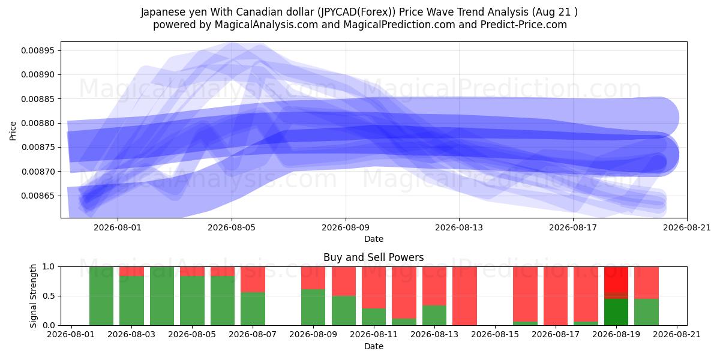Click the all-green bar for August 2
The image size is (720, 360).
click(101, 296)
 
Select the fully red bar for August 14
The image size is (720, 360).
click(464, 296)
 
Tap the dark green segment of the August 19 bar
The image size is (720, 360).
click(616, 312)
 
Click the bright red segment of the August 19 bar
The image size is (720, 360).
click(616, 280)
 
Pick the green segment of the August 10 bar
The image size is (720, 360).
click(344, 311)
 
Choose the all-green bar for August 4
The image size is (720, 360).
click(162, 296)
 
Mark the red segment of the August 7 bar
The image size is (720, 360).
click(253, 280)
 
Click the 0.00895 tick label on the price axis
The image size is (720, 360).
click(38, 50)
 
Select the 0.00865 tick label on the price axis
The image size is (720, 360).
click(38, 196)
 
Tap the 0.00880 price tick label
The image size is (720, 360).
click(38, 123)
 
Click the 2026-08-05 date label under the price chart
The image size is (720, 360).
click(232, 227)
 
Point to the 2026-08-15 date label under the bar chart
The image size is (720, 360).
click(495, 335)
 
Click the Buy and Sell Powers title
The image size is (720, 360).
click(373, 257)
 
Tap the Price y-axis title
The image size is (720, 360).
click(13, 131)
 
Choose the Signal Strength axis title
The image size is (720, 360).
click(33, 296)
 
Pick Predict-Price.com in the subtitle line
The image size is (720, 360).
click(524, 25)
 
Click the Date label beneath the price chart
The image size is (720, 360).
click(373, 239)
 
